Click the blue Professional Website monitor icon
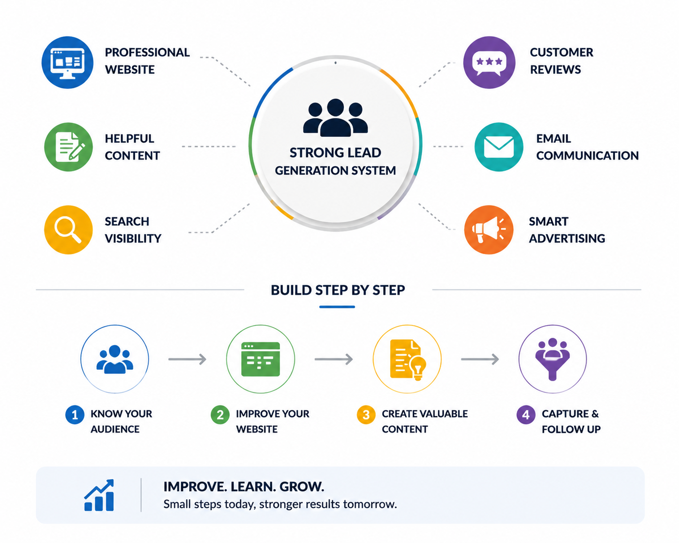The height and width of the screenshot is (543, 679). [67, 62]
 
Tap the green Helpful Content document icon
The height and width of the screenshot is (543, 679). [68, 147]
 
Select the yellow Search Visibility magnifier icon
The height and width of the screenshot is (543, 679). [68, 230]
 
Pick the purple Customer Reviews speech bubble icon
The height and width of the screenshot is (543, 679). [489, 62]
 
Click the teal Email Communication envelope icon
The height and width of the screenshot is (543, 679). [499, 147]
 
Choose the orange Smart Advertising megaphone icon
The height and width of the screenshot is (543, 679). [489, 230]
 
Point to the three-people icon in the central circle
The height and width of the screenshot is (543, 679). [336, 118]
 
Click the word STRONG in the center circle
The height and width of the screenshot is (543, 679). [313, 153]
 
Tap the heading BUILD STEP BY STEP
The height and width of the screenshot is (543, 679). [338, 290]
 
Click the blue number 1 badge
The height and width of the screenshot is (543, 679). [75, 415]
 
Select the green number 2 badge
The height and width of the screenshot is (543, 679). [220, 415]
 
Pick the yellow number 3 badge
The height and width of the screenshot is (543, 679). [366, 415]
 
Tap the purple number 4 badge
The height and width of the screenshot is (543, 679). [526, 415]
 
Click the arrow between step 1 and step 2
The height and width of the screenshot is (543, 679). [187, 359]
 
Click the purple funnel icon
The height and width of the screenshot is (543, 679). [553, 360]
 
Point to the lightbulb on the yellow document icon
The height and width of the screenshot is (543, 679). [418, 367]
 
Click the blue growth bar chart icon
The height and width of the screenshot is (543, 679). [99, 496]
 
